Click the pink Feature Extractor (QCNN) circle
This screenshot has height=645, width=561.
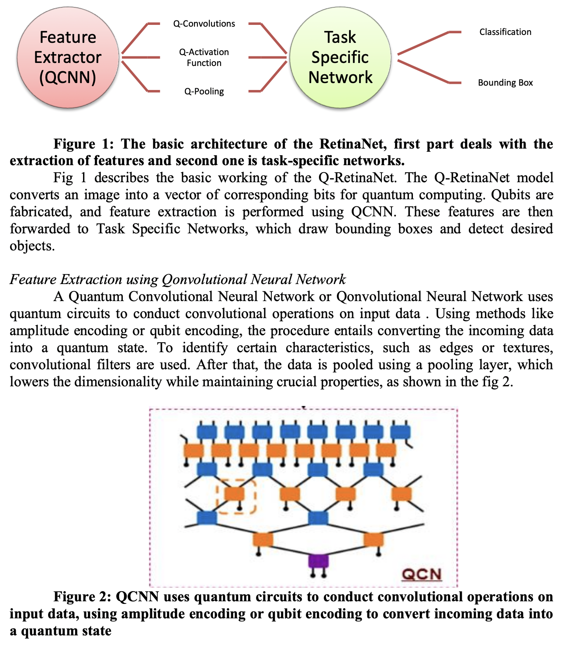click(68, 57)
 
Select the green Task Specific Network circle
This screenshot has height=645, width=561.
click(340, 57)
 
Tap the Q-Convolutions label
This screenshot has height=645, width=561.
click(204, 24)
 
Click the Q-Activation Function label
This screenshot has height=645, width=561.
click(204, 57)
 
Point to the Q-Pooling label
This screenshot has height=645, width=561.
click(204, 91)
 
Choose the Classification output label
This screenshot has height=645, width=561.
click(505, 32)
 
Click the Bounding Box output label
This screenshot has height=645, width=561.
click(505, 83)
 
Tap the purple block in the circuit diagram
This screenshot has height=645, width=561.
click(318, 561)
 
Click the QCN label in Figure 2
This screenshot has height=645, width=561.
click(422, 574)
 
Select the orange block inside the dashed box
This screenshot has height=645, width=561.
click(234, 494)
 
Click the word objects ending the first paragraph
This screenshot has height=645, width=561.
click(32, 246)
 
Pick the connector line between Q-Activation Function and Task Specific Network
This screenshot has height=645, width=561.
click(267, 57)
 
